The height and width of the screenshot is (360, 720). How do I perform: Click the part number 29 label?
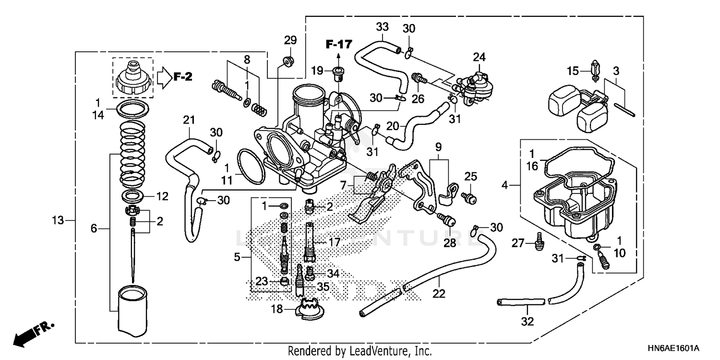tap(290, 40)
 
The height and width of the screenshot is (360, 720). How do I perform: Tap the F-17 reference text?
tap(339, 45)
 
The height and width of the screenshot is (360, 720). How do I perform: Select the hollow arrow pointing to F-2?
tap(164, 77)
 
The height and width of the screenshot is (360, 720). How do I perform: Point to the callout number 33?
tap(382, 26)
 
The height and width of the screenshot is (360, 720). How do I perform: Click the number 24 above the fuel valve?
tap(479, 57)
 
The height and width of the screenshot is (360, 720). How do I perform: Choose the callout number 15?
tap(573, 72)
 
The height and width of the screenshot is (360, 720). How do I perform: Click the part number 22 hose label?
tap(439, 293)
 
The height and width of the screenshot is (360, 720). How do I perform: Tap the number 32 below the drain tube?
tap(527, 322)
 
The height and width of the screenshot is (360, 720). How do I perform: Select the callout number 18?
tap(277, 310)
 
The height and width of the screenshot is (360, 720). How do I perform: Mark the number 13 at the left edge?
tap(58, 220)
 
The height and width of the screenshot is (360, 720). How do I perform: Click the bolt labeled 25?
tap(470, 197)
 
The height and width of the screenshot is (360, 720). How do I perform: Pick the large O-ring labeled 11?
tap(251, 167)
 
